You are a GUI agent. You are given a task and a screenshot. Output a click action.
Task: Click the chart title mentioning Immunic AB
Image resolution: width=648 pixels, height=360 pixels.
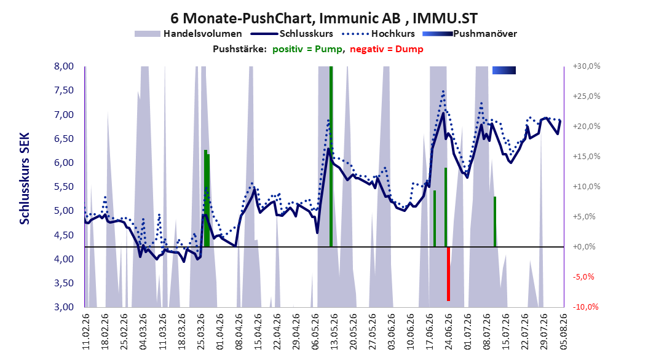[x=324, y=18]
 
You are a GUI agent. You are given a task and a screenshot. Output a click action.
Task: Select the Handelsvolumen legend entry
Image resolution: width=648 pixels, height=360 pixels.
[x=189, y=34]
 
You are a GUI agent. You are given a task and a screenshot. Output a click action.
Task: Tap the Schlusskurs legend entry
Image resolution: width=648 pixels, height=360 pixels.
[x=291, y=34]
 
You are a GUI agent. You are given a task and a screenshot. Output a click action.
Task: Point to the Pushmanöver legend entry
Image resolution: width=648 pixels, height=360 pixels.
[x=470, y=34]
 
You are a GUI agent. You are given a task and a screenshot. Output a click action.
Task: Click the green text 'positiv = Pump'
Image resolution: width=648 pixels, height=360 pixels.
[x=307, y=49]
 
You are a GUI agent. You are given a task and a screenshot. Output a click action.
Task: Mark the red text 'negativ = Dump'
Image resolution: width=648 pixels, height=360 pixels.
[x=387, y=49]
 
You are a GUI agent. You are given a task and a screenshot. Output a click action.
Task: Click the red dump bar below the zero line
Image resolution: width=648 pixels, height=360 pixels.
[x=448, y=274]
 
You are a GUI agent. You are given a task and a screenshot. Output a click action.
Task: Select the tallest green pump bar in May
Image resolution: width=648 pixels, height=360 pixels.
[x=331, y=157]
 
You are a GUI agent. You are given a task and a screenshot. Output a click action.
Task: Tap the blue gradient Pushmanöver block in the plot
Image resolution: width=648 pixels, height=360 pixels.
[x=504, y=70]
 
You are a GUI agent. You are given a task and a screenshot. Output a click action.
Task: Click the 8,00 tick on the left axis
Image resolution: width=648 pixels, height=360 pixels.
[x=64, y=66]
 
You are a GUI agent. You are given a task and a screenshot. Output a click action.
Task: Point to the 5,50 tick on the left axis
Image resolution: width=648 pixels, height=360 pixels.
[x=64, y=187]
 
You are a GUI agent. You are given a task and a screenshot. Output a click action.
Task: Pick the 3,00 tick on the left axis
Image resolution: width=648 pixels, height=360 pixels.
[x=64, y=307]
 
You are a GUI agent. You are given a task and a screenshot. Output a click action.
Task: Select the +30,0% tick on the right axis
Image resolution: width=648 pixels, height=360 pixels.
[x=586, y=66]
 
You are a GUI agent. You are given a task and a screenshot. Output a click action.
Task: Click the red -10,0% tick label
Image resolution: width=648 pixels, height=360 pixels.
[x=585, y=307]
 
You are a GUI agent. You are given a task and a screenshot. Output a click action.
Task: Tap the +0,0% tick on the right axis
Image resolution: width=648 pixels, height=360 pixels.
[x=584, y=247]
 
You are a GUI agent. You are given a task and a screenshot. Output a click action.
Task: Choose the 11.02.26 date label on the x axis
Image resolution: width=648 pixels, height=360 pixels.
[x=86, y=331]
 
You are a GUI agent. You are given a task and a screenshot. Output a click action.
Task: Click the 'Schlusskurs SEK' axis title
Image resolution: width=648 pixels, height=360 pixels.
[x=25, y=178]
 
